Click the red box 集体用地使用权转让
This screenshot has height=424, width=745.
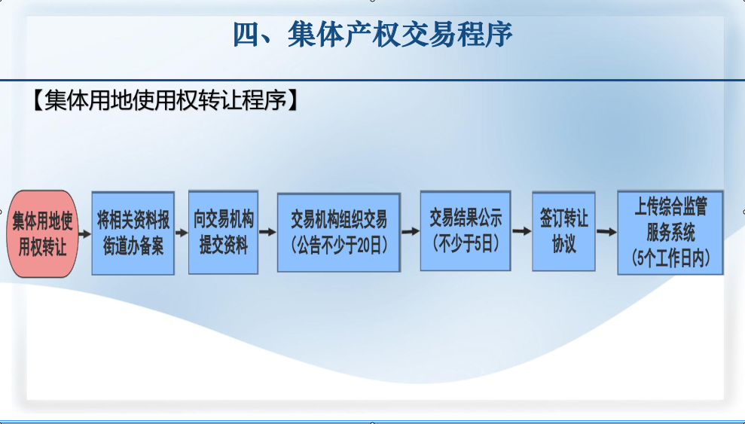click(x=42, y=233)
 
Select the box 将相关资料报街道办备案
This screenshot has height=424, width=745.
click(x=133, y=233)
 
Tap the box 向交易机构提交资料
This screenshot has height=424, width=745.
click(x=223, y=232)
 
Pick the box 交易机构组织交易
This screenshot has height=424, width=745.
click(x=339, y=232)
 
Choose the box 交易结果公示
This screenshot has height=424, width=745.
click(x=466, y=230)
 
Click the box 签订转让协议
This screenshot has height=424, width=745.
click(x=563, y=231)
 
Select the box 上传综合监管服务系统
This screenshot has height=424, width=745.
click(x=670, y=233)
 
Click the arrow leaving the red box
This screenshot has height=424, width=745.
click(x=84, y=233)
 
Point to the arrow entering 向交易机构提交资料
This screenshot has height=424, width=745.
click(x=182, y=233)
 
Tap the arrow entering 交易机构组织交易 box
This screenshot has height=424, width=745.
click(x=267, y=232)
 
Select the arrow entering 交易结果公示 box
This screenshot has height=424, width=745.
click(x=411, y=232)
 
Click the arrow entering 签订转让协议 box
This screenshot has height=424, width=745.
click(x=522, y=231)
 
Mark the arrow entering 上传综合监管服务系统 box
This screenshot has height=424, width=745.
click(x=606, y=232)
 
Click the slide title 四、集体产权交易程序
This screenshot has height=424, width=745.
click(x=373, y=34)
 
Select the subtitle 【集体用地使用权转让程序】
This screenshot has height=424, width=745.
click(x=164, y=100)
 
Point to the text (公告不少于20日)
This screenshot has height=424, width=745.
click(x=339, y=245)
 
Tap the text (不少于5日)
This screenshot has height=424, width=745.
click(x=466, y=243)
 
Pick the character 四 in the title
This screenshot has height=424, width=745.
click(x=246, y=35)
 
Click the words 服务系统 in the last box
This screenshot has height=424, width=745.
click(x=670, y=232)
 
